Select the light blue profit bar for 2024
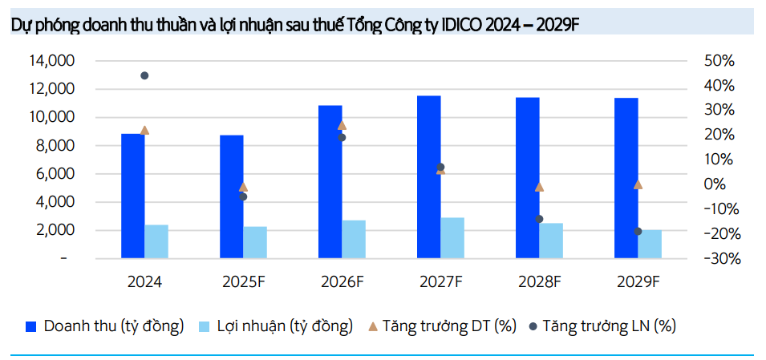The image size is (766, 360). click(156, 241)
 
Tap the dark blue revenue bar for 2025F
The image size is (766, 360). click(232, 196)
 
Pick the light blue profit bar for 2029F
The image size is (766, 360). click(650, 244)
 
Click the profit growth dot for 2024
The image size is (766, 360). click(144, 75)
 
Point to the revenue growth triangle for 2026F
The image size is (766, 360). click(342, 125)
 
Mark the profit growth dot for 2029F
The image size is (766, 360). click(638, 231)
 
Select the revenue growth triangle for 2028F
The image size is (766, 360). click(540, 187)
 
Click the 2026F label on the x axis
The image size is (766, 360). click(341, 282)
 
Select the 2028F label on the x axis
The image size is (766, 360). click(538, 282)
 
